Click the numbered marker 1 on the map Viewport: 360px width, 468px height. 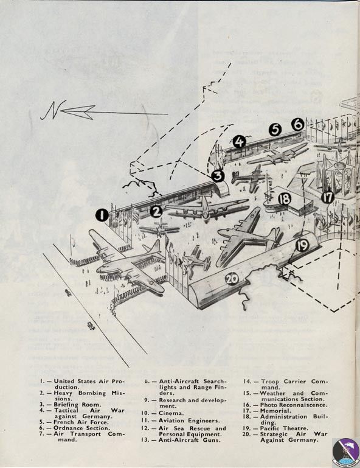pos(102,215)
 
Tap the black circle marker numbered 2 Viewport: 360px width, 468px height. pos(156,211)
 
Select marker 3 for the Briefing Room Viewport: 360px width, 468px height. pos(218,176)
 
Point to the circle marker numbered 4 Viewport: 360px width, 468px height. pos(239,142)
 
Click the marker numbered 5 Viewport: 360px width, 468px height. pos(275,130)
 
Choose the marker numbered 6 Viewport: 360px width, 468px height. pos(297,124)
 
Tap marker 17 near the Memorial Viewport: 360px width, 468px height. pos(328,197)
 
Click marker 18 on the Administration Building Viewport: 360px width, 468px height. pos(284,198)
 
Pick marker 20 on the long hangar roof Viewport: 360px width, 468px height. pos(231,279)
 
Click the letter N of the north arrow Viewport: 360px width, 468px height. pos(51,110)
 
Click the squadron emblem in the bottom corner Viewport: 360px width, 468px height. pos(344,452)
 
